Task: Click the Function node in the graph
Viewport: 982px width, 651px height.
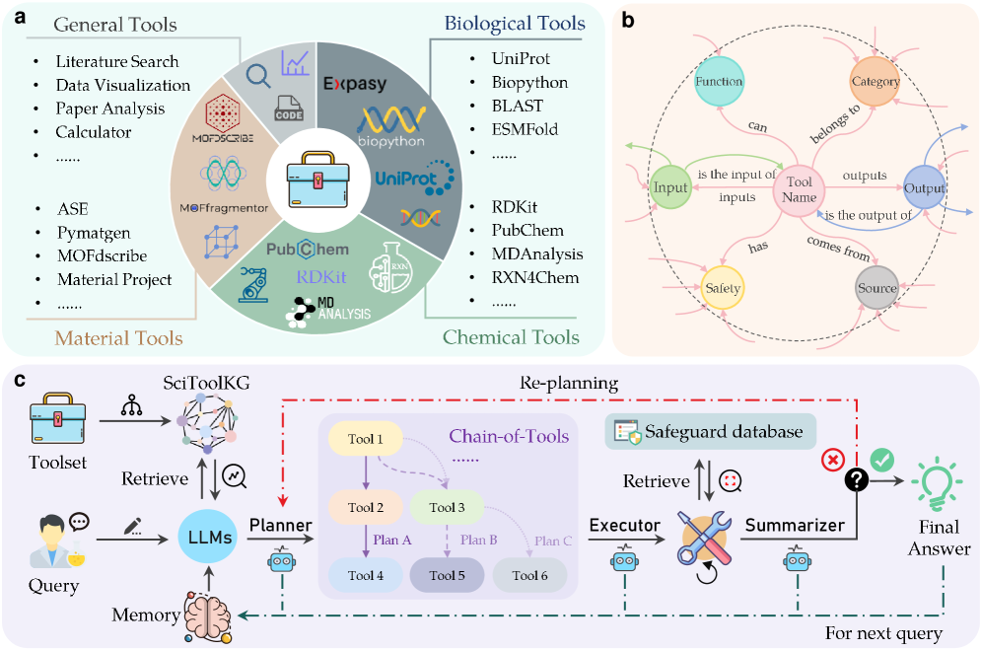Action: (x=718, y=80)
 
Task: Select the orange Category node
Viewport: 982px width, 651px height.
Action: (x=875, y=81)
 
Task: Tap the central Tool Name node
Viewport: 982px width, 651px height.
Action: (x=799, y=187)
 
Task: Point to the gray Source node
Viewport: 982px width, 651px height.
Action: (x=877, y=289)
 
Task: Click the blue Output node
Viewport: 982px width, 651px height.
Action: (x=924, y=187)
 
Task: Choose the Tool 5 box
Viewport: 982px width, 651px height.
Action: (x=448, y=575)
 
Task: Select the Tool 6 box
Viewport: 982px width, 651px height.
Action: (x=529, y=575)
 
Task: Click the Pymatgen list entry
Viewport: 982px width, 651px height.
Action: (x=92, y=233)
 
